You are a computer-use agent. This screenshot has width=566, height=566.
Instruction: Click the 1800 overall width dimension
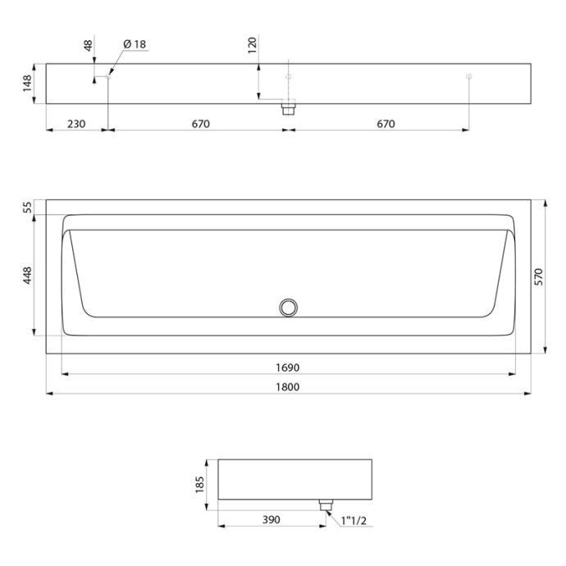tap(288, 387)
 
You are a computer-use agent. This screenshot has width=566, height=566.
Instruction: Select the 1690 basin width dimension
tap(288, 367)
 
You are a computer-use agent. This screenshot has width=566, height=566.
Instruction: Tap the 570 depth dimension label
tap(538, 277)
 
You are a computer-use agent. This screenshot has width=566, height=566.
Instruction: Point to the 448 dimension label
tap(28, 276)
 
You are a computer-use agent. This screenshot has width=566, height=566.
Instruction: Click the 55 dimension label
tap(28, 208)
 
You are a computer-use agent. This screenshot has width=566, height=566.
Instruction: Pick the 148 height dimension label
tap(27, 84)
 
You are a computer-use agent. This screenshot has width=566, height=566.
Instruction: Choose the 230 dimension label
tap(76, 124)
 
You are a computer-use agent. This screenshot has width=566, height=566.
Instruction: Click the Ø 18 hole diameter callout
tap(135, 44)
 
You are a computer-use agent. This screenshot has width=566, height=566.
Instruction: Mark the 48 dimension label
tap(89, 45)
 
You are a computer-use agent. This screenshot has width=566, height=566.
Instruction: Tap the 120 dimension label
tap(253, 45)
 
